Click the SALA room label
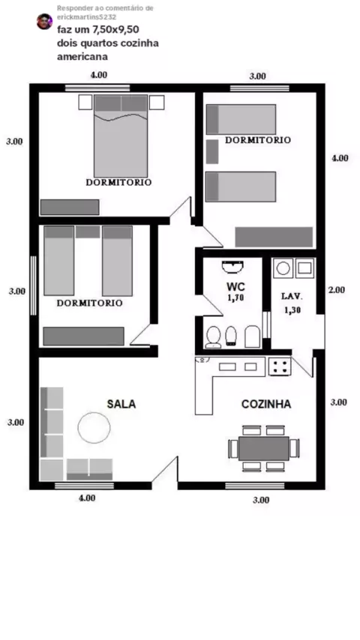[121, 404]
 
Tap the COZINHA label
[266, 404]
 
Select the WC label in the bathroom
[235, 287]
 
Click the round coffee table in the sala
[94, 427]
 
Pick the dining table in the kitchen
[263, 448]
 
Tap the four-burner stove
[280, 366]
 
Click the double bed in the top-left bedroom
[121, 136]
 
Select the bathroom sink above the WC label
[233, 267]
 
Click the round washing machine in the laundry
[283, 268]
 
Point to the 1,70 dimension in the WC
[235, 298]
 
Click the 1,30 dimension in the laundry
[292, 310]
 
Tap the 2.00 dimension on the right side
[337, 290]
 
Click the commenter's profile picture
[44, 21]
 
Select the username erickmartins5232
[87, 17]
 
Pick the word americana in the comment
[82, 57]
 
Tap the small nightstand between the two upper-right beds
[212, 151]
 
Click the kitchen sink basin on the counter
[227, 366]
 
